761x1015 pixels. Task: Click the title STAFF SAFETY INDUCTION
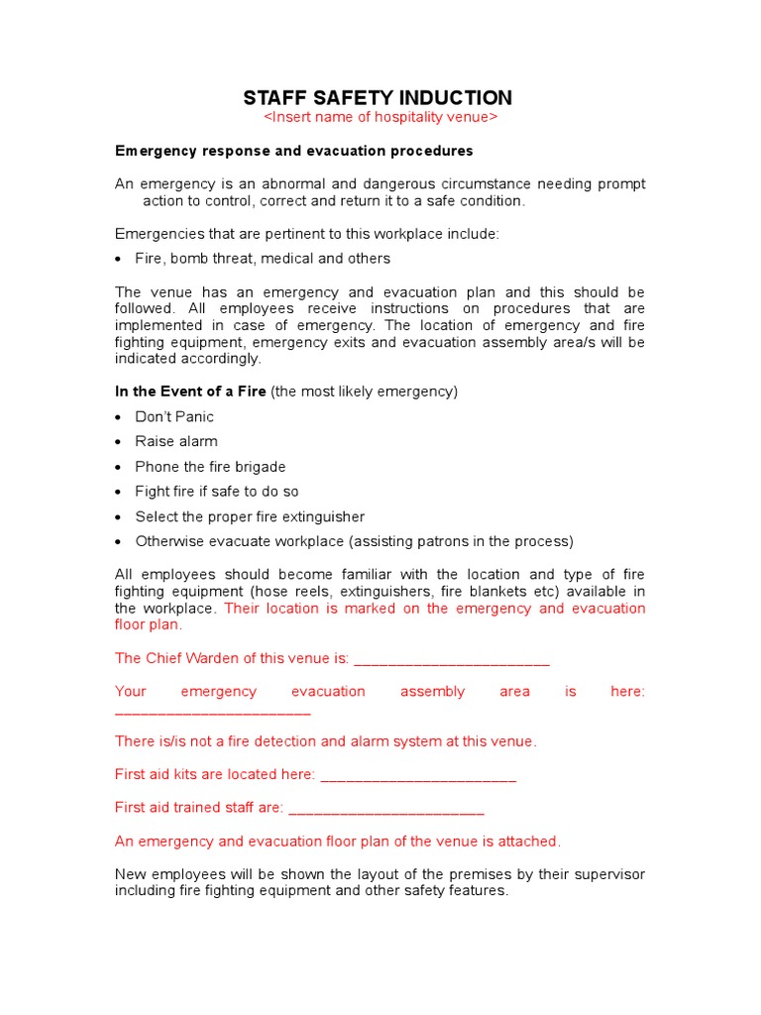379,97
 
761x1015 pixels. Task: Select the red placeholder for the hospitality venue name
380,118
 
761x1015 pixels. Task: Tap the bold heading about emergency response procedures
294,151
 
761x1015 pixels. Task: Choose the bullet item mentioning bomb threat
263,259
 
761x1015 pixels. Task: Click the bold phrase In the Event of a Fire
190,392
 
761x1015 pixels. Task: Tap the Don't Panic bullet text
174,416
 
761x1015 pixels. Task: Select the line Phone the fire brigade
210,467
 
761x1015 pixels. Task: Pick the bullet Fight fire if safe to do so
217,492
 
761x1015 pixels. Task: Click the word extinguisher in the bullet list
320,516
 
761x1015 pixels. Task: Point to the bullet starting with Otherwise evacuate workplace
354,541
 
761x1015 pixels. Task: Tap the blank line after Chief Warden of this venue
451,660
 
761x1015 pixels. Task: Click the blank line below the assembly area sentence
212,712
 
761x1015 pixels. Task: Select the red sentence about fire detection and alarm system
326,741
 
